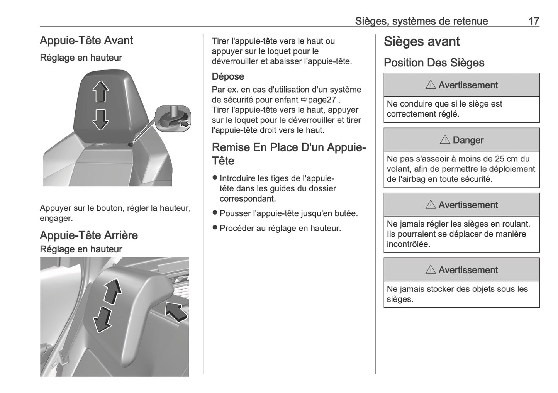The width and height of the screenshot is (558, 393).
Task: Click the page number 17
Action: coord(533,21)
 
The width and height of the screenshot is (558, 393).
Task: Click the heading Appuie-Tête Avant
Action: coord(86,41)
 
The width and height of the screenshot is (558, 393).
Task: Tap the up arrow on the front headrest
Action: coord(100,91)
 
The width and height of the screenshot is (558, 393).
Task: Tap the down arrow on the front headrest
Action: coord(100,119)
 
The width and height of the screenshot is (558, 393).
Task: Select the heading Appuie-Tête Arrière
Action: coord(88,235)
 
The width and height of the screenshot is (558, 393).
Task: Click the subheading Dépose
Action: coord(228,76)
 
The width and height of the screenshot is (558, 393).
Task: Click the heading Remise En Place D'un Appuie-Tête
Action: coord(288,154)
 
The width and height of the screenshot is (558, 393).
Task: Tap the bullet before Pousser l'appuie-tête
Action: coord(215,213)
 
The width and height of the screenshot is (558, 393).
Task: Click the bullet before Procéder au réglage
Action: coord(215,228)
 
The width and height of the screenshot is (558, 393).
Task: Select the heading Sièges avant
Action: coord(421,42)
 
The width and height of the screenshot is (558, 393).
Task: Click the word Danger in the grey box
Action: coord(468,140)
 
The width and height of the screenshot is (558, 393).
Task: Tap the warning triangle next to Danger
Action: coord(444,140)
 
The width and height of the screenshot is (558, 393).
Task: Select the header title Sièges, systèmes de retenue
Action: coord(421,21)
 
